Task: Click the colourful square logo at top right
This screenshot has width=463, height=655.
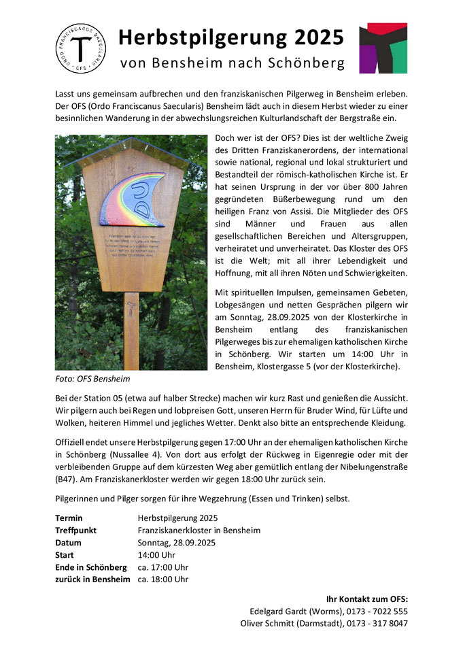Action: [383, 48]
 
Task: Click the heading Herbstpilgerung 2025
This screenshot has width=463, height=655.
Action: [231, 38]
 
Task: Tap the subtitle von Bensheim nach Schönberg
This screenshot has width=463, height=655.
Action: [231, 64]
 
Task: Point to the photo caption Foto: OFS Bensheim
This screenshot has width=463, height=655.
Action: [92, 379]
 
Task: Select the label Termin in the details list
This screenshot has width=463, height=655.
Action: [69, 518]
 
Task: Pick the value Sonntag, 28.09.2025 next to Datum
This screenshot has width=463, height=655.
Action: [176, 542]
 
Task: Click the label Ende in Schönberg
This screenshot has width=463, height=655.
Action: [90, 567]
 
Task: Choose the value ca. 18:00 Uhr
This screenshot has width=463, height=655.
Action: [162, 579]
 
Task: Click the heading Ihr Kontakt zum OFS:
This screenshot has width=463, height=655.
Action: [367, 599]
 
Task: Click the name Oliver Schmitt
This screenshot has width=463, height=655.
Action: [271, 623]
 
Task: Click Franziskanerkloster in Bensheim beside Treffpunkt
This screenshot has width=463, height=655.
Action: [199, 530]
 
